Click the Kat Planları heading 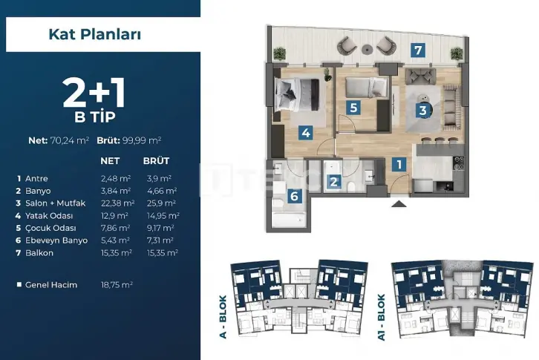coord(95,34)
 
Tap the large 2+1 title coord(94,94)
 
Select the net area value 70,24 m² coord(70,140)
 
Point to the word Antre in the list coord(36,178)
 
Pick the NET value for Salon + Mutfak coord(117,203)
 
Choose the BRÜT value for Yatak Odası coord(163,215)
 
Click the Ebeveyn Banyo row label coord(56,240)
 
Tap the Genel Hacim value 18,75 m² coord(117,285)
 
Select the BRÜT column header coord(157,161)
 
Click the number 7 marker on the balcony coord(418,50)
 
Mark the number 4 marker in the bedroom coord(306,133)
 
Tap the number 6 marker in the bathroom coord(294,196)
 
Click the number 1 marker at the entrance coord(399,164)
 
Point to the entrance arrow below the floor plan coord(399,204)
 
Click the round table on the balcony coord(367,50)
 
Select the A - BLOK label coord(223,317)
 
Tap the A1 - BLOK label coord(381,318)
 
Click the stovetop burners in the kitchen coord(459,163)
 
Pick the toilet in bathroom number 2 coord(351,187)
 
